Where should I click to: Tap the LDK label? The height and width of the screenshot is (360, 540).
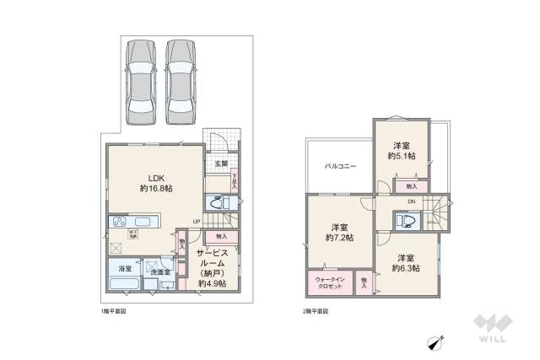pyautogui.click(x=156, y=178)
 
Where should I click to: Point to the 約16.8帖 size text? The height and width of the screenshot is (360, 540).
pyautogui.click(x=156, y=190)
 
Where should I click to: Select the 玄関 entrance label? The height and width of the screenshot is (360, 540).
pyautogui.click(x=221, y=164)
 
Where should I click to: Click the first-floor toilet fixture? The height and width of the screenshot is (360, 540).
pyautogui.click(x=219, y=203)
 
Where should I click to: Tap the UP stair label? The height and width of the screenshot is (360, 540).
pyautogui.click(x=196, y=222)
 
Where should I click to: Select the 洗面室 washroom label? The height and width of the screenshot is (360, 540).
pyautogui.click(x=160, y=272)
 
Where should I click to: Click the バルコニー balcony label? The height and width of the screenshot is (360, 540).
pyautogui.click(x=341, y=166)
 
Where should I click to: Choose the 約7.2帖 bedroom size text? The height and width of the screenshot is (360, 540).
pyautogui.click(x=341, y=238)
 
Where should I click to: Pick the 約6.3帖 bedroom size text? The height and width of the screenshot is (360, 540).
pyautogui.click(x=406, y=268)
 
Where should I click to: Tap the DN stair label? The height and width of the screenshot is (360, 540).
pyautogui.click(x=411, y=201)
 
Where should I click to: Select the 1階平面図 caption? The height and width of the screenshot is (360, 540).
pyautogui.click(x=113, y=311)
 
